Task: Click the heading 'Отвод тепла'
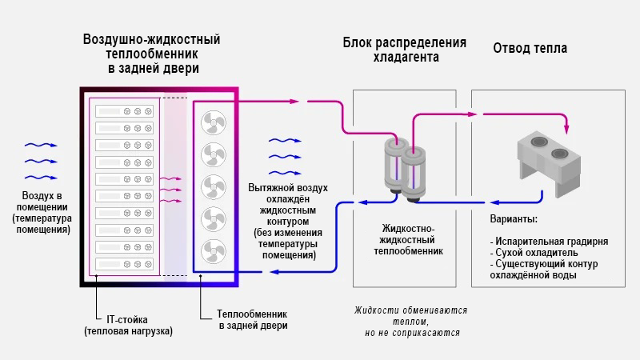click(x=530, y=48)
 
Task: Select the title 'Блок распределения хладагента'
click(x=405, y=50)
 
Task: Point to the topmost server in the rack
click(x=124, y=110)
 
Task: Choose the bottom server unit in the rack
click(x=124, y=262)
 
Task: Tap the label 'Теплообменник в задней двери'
click(x=253, y=320)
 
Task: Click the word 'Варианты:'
click(x=513, y=218)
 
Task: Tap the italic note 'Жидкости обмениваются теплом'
click(x=411, y=315)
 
